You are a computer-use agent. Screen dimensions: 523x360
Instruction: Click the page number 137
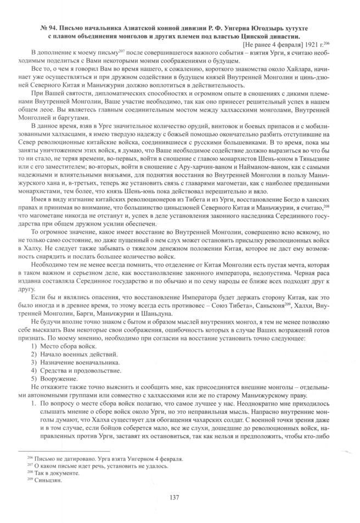[x=179, y=498]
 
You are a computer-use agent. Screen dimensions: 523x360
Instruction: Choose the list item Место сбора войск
[x=65, y=347]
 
